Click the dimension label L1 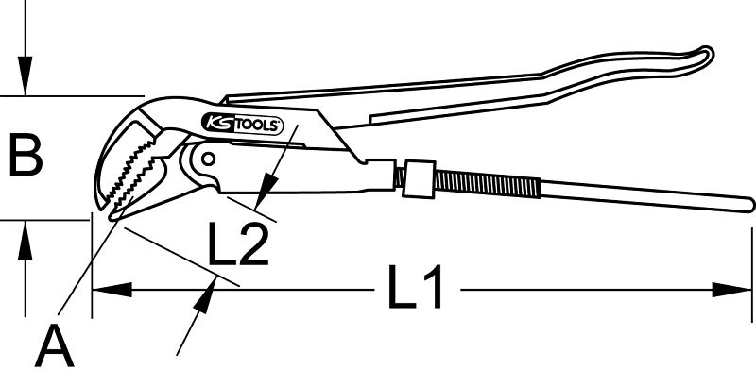pyautogui.click(x=415, y=286)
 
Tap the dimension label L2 pyautogui.click(x=238, y=243)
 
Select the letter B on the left pyautogui.click(x=26, y=156)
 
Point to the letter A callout pyautogui.click(x=55, y=345)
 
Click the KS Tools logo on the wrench pyautogui.click(x=242, y=125)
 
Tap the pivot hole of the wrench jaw pyautogui.click(x=208, y=159)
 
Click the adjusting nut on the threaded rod pyautogui.click(x=419, y=178)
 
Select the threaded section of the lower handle pyautogui.click(x=487, y=184)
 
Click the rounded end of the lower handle pyautogui.click(x=747, y=204)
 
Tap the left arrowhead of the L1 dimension pyautogui.click(x=112, y=290)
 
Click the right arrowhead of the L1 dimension pyautogui.click(x=731, y=290)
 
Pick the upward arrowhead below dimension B pyautogui.click(x=26, y=240)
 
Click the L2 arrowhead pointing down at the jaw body pyautogui.click(x=266, y=192)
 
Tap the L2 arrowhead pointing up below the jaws pyautogui.click(x=204, y=296)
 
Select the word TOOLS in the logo pyautogui.click(x=256, y=126)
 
